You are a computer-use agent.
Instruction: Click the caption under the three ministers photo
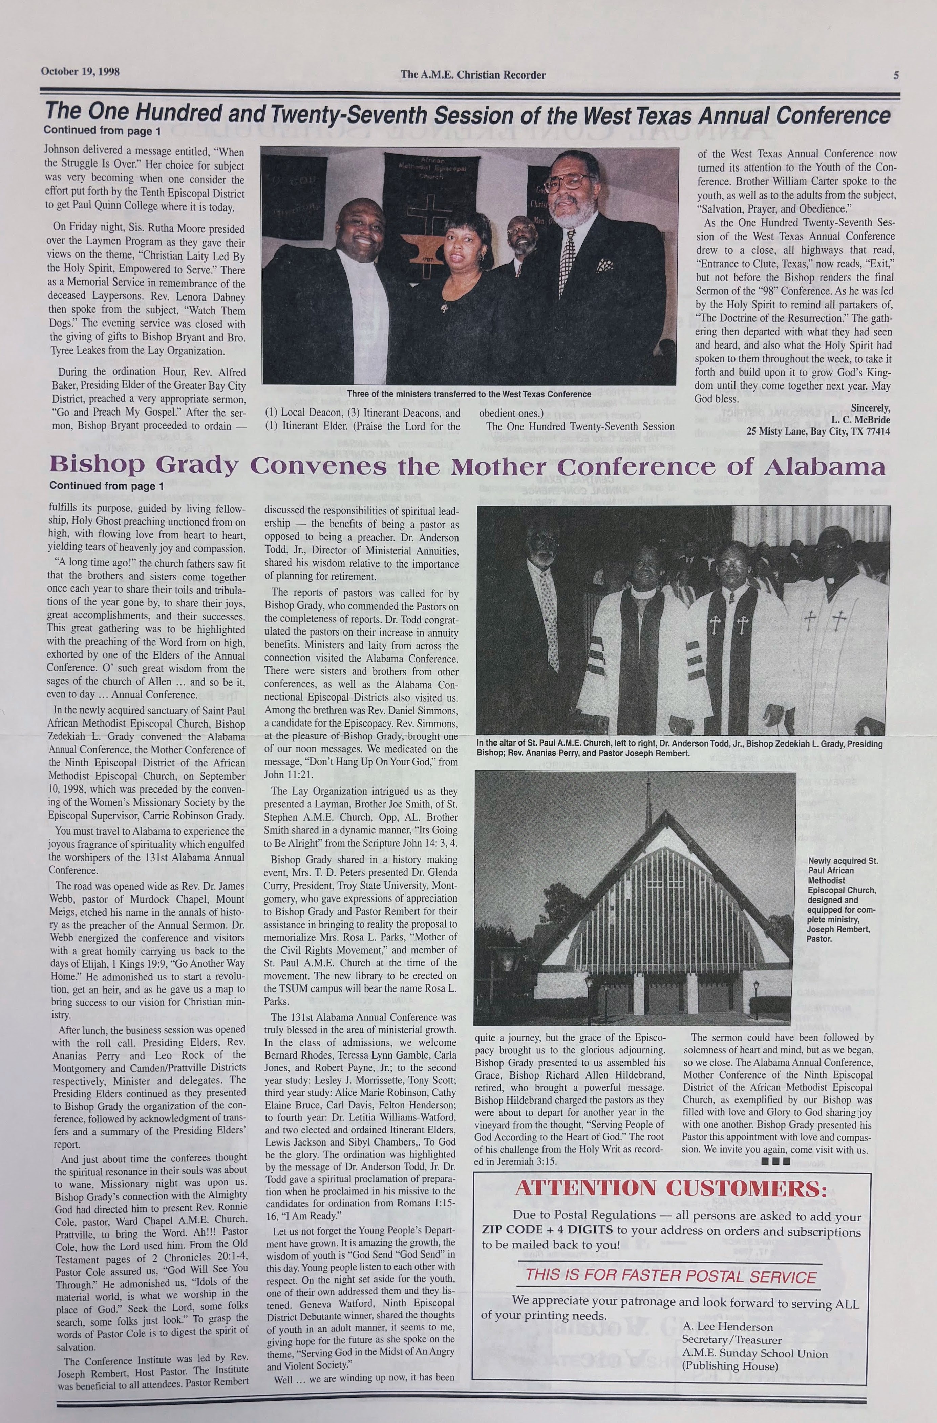469,394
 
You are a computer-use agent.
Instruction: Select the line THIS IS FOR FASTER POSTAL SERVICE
671,1275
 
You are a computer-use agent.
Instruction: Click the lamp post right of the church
756,998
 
